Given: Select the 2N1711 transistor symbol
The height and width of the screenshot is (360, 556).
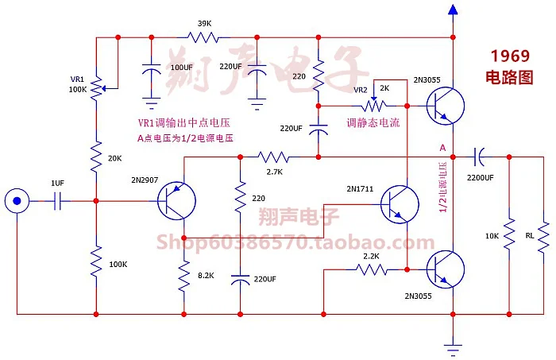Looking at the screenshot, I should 398,204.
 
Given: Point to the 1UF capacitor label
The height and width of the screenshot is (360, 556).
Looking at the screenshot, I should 57,183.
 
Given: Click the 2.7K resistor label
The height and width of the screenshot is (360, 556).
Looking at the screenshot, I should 274,171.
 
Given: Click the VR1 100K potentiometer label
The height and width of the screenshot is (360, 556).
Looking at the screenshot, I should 77,84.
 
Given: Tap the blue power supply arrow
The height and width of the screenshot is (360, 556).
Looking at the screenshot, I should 453,10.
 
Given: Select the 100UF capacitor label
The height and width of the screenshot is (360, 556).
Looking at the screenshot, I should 181,68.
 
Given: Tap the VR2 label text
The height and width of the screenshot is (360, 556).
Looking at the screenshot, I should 360,90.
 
